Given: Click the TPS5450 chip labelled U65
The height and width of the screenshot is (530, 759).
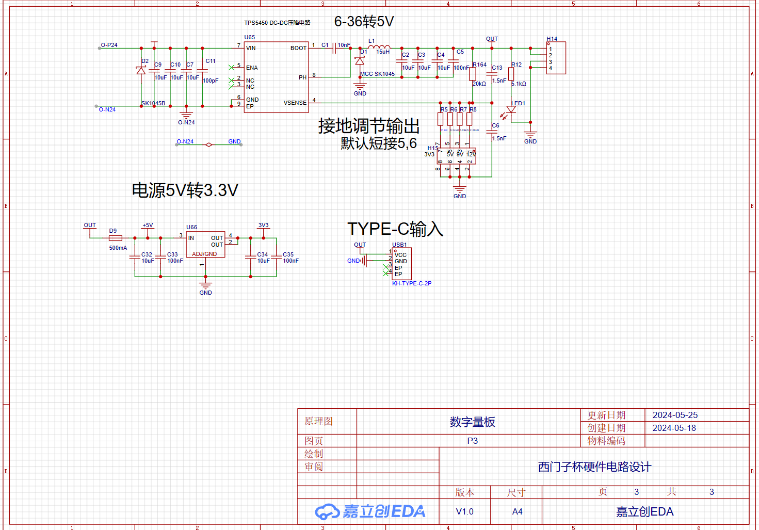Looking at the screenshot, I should (276, 77).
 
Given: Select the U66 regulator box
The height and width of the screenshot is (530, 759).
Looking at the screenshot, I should (205, 244).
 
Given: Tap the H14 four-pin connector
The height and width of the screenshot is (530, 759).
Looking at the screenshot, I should (556, 58).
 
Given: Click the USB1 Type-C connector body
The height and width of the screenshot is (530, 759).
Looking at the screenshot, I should (402, 264).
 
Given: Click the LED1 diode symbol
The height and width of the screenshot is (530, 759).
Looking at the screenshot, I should (511, 110).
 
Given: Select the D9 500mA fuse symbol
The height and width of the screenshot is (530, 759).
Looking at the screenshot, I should (116, 238).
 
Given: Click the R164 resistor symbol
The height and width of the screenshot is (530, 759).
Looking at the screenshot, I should (473, 74).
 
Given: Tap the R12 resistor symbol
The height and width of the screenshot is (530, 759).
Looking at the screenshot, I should (511, 74).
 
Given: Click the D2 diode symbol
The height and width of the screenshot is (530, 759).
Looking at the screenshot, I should (141, 71).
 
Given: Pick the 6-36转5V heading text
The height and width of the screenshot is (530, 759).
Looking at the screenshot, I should (364, 22).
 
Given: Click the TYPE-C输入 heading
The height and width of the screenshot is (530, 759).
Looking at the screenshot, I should (395, 229).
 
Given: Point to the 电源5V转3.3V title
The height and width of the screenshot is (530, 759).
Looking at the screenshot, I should (185, 190).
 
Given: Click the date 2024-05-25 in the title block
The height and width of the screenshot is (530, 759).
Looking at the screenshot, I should (675, 415).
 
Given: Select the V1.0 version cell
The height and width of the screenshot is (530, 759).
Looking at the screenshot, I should (464, 511).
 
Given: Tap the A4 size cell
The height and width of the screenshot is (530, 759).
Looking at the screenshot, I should (517, 511).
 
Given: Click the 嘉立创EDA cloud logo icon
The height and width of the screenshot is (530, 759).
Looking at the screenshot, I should (327, 511).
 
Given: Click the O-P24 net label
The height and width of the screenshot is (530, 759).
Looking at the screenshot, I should (109, 45).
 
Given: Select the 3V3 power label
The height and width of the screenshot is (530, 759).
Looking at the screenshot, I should (263, 226).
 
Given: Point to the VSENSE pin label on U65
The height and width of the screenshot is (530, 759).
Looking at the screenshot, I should (295, 103).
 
